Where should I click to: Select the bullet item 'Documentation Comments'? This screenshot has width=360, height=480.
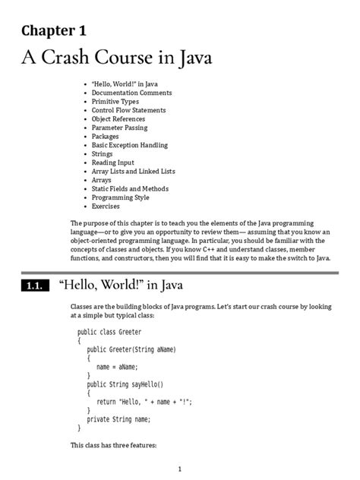(132, 93)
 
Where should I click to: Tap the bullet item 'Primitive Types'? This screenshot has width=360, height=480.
(115, 101)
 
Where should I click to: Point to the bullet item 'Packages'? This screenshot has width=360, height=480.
(107, 136)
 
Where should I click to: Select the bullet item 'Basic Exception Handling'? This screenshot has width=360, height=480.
(130, 145)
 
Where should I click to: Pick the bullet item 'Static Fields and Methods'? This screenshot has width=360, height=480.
(131, 188)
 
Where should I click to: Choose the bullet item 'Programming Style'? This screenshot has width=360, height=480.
(121, 197)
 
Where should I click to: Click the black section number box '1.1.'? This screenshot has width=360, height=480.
(31, 286)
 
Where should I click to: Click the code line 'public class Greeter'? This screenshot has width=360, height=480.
(109, 332)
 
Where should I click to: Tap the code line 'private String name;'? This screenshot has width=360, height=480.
(119, 418)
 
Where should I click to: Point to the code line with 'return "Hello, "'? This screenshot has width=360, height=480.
(144, 402)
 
